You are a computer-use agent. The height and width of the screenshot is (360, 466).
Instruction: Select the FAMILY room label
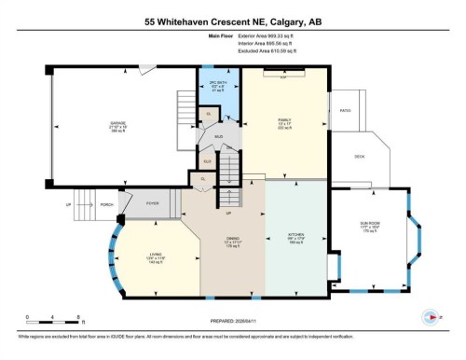[x=285, y=120]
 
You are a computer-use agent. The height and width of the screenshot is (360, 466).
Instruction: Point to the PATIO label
[x=344, y=110]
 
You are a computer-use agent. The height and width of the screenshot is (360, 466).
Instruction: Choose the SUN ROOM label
[x=369, y=224]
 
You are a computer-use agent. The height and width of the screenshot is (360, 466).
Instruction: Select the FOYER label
[x=153, y=202]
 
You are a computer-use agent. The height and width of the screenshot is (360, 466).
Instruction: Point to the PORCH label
[x=107, y=202]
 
